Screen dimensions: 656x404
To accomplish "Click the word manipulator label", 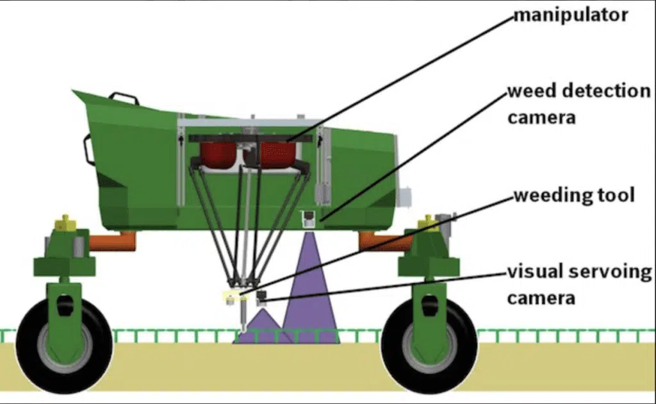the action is [571, 15].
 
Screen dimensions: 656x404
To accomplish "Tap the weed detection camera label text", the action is [579, 104].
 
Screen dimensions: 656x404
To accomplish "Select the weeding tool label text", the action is [574, 196].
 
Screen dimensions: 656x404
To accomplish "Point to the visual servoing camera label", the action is [579, 285].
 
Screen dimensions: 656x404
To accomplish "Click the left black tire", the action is [65, 346].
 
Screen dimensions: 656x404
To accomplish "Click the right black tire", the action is [429, 346].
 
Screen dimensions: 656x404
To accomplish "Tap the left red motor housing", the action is [218, 155].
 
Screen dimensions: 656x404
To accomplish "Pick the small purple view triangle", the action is [263, 328].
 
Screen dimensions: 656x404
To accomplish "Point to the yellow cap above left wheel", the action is [65, 223].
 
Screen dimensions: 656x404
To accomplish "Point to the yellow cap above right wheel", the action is [427, 223].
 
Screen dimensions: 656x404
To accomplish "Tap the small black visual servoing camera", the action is [262, 298].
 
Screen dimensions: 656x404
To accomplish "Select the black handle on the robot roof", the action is [124, 99].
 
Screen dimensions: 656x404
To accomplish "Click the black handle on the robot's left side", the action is [89, 149].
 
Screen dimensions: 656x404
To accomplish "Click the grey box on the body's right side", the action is [404, 198].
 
